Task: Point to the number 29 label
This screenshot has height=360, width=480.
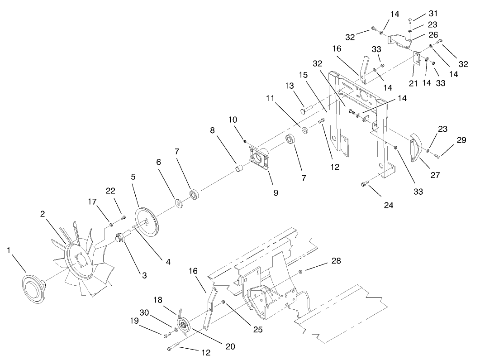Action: [461, 140]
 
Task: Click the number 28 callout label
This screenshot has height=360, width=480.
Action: [336, 261]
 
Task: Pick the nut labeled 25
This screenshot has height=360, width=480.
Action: [224, 302]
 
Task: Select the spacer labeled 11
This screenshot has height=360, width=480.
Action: [304, 130]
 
